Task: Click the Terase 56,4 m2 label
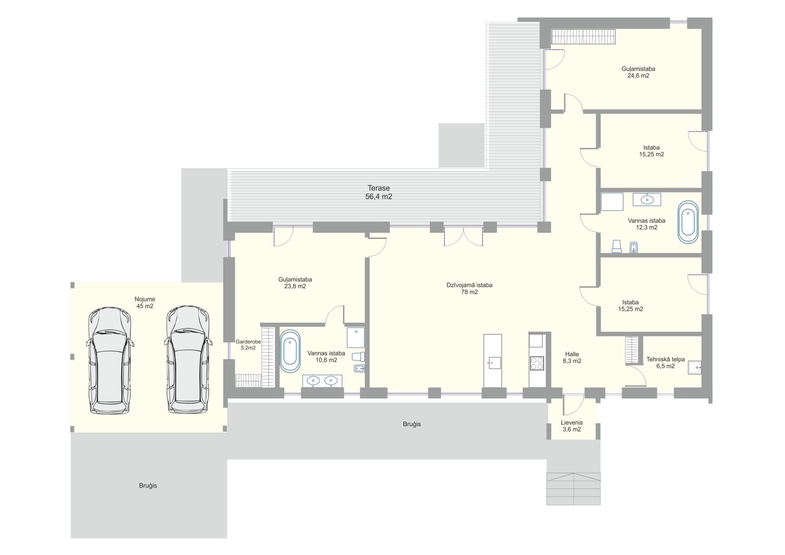[x=379, y=192]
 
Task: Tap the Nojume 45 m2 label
[x=145, y=302]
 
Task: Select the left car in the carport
[x=110, y=360]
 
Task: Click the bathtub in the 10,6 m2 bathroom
[x=290, y=351]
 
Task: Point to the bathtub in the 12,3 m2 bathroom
[x=688, y=222]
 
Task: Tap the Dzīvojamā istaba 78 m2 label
[x=469, y=289]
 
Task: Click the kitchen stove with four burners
[x=537, y=363]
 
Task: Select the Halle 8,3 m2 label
[x=572, y=358]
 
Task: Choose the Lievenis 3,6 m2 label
[x=572, y=426]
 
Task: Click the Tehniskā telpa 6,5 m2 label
[x=666, y=363]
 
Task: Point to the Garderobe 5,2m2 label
[x=248, y=345]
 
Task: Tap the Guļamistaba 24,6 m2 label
[x=638, y=72]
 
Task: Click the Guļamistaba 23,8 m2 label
[x=295, y=283]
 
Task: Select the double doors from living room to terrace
[x=464, y=236]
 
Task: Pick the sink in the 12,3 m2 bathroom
[x=647, y=199]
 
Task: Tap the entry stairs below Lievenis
[x=574, y=489]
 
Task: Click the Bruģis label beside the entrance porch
[x=412, y=424]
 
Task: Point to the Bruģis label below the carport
[x=148, y=486]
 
